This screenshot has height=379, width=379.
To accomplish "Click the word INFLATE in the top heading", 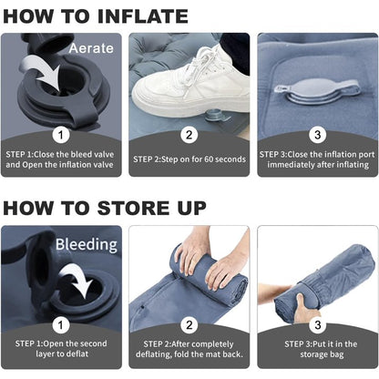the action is click(x=143, y=16).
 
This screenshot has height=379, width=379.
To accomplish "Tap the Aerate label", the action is click(x=91, y=48).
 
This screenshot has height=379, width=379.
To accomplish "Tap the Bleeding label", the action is click(x=87, y=244).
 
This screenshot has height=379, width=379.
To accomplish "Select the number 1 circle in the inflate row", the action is click(x=61, y=135).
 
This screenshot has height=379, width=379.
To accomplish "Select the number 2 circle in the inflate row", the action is click(x=189, y=135).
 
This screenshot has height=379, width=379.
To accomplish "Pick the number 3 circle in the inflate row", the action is click(x=318, y=135).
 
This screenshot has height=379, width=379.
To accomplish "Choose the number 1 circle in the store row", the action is click(x=61, y=325).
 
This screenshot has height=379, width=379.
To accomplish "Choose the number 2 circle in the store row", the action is click(x=189, y=325).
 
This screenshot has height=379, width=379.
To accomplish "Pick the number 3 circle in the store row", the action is click(x=318, y=325).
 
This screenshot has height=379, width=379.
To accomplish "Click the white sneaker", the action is click(x=189, y=85).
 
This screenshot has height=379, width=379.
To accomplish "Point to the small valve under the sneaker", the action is click(x=216, y=116).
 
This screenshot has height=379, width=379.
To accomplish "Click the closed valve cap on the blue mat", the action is click(x=317, y=90).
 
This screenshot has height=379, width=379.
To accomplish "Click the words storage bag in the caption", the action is click(x=322, y=354).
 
